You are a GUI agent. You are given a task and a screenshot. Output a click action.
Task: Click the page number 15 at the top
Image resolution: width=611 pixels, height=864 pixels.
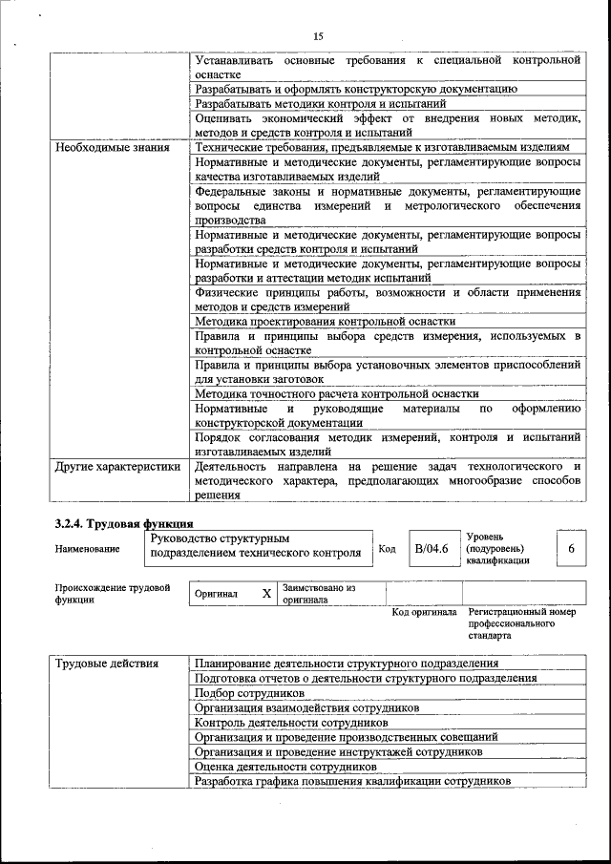[318, 36]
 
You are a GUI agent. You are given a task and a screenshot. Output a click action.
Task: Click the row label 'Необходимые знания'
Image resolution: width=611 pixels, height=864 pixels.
[112, 148]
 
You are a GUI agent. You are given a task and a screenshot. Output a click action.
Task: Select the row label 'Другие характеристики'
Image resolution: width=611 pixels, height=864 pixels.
[117, 467]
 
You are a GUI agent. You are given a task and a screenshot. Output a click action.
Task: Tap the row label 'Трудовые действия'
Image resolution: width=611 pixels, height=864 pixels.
[106, 664]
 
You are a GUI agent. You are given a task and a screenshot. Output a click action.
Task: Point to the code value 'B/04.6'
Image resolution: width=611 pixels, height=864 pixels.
[431, 549]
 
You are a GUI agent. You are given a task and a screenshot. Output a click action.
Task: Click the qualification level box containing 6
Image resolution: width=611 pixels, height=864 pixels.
[571, 549]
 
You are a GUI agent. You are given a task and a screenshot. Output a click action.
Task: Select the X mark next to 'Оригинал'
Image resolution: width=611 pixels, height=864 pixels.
[266, 594]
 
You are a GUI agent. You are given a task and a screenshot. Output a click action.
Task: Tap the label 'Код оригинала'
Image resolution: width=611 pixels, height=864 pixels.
[425, 612]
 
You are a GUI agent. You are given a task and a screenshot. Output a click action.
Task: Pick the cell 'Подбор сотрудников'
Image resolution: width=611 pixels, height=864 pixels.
[249, 693]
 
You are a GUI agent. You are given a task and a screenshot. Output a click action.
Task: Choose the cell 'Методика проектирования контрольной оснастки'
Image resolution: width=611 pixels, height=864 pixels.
[325, 322]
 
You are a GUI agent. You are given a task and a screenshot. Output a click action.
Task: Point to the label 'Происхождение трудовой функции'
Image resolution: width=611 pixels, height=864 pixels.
[113, 594]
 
